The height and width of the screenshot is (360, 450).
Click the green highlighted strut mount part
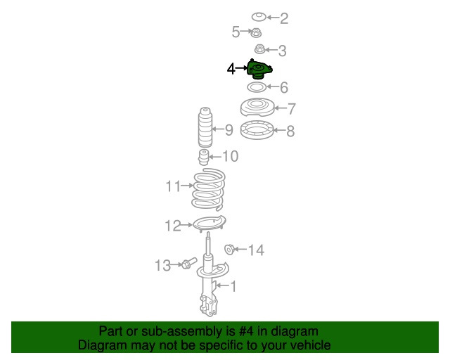[259, 69]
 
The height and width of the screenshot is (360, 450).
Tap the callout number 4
[231, 69]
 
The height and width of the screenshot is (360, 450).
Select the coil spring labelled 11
[208, 190]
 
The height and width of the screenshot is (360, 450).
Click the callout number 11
[174, 186]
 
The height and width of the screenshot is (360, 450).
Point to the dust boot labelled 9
[205, 127]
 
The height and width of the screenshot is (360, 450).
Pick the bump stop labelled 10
[203, 157]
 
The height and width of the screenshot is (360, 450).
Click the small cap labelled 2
[259, 17]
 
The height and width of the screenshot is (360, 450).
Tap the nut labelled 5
[256, 33]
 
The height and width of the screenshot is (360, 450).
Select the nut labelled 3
[259, 49]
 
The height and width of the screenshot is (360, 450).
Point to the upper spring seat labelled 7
[257, 108]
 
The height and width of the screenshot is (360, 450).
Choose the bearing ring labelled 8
[257, 130]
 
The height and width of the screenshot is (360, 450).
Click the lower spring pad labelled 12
[210, 224]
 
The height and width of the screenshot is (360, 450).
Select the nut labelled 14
[229, 249]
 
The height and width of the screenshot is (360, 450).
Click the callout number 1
[233, 286]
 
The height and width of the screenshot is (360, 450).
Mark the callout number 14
[256, 250]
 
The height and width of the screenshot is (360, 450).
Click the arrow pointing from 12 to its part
[186, 225]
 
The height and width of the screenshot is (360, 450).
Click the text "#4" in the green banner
[246, 331]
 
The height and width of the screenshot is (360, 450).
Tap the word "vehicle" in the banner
[314, 345]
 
